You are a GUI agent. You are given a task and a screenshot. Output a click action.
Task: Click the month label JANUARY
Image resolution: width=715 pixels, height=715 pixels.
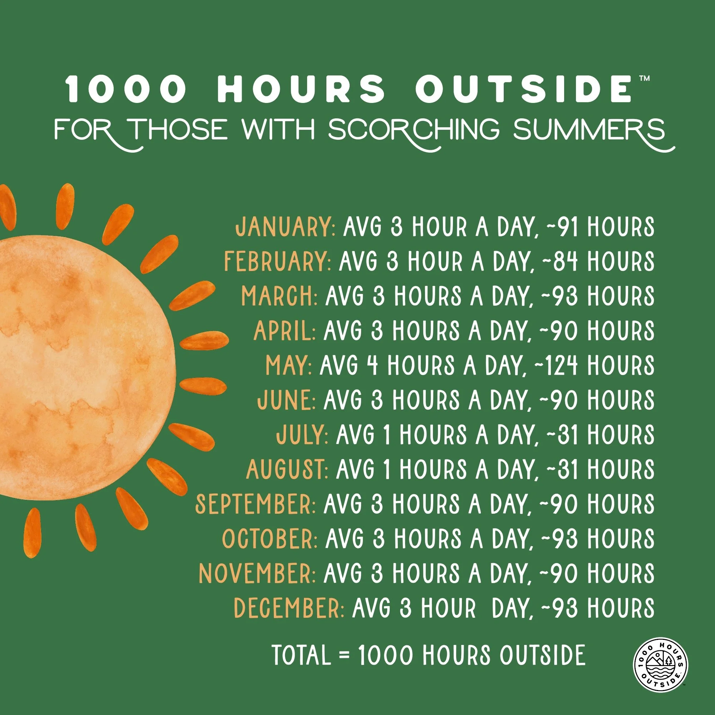point(285,227)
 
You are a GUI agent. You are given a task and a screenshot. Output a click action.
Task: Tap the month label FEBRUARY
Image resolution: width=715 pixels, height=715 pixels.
point(277,261)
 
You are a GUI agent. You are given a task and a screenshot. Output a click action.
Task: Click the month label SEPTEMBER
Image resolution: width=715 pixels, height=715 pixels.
point(255,504)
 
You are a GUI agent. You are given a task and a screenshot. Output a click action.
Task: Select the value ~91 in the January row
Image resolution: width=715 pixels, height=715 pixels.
point(562,227)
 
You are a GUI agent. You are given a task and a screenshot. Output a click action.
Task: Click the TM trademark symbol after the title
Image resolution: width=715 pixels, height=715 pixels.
point(644,78)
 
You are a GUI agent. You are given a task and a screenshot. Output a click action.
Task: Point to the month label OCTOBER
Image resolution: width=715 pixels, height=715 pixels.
point(270,539)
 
